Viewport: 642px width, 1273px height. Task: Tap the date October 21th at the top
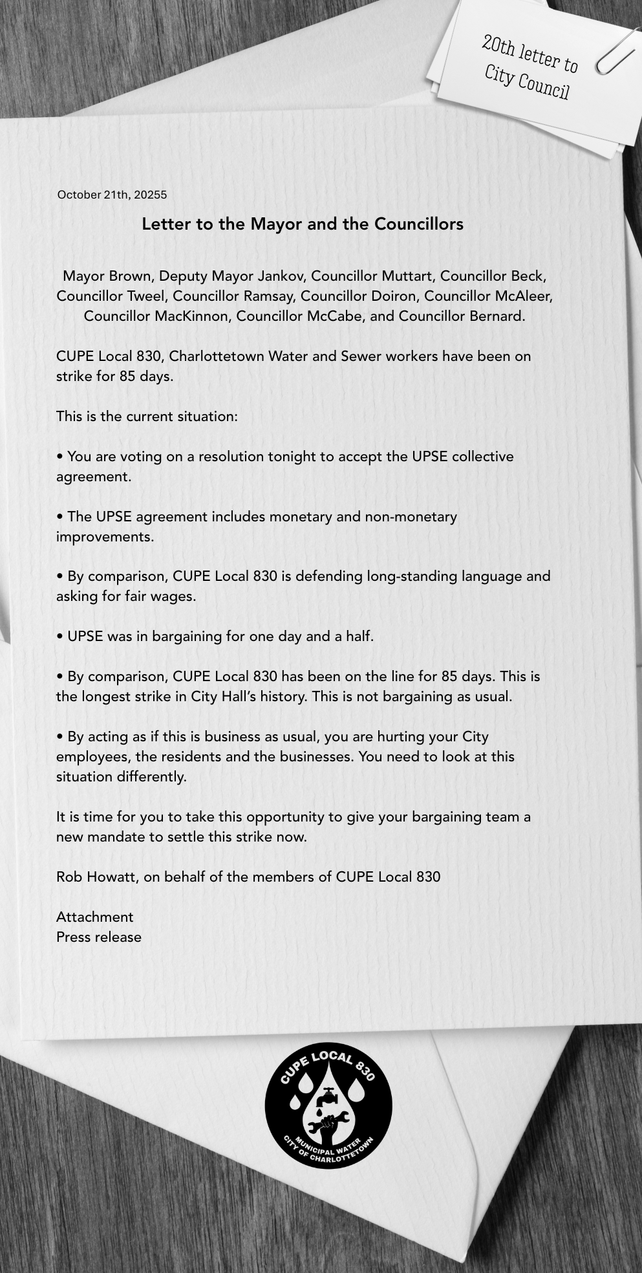click(x=94, y=195)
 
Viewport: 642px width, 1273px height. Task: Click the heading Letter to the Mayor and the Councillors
click(x=303, y=224)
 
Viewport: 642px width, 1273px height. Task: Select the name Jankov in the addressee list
click(x=281, y=276)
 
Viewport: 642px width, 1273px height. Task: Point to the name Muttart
click(x=407, y=276)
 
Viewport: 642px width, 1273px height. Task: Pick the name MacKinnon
click(x=191, y=316)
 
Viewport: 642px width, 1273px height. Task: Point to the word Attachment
click(x=95, y=917)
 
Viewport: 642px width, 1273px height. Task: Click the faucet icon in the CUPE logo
click(x=328, y=1096)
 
